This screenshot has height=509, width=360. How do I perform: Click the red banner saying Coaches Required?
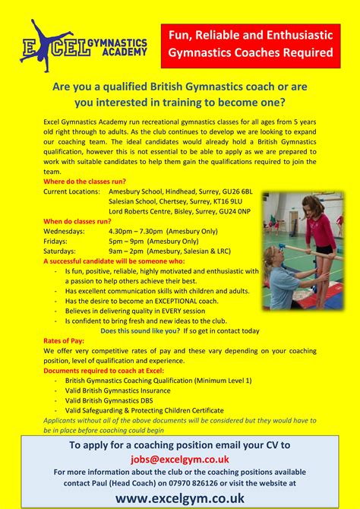click(x=251, y=43)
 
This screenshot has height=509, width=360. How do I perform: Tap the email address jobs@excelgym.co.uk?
click(x=179, y=460)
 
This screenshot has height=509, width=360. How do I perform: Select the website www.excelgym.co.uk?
click(x=179, y=497)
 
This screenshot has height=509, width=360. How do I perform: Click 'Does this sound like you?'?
click(x=137, y=331)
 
